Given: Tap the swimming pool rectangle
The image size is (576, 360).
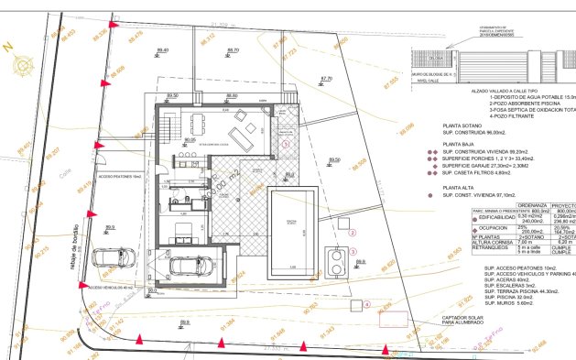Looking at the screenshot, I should pos(292,225).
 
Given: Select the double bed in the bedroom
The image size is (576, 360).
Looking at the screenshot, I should pos(183,226).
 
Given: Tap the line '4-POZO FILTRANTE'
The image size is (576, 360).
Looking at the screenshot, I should pos(473,116).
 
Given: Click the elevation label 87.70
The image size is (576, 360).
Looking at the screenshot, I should pos(326,79).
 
